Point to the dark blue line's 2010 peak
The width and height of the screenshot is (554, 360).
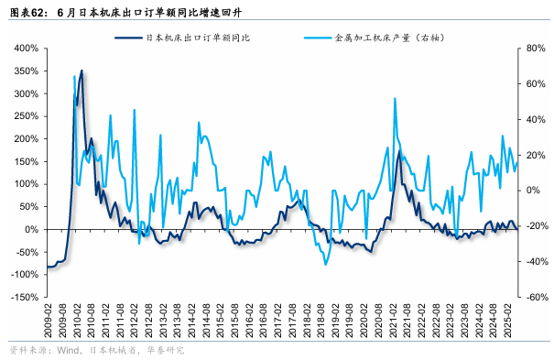coord(81,71)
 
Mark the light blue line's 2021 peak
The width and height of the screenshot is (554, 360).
coord(395,99)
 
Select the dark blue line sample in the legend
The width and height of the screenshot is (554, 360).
coord(130,38)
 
